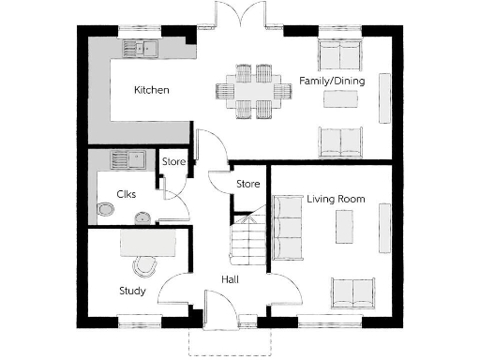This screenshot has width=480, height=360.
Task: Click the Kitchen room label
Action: click(151, 90)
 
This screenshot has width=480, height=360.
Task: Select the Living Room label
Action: click(336, 199)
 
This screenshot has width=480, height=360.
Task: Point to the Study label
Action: click(131, 291)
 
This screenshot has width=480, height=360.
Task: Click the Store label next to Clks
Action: click(174, 162)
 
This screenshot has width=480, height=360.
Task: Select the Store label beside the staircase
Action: click(247, 184)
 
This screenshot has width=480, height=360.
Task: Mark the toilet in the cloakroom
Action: click(106, 210)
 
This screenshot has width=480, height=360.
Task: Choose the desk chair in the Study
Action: click(143, 265)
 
